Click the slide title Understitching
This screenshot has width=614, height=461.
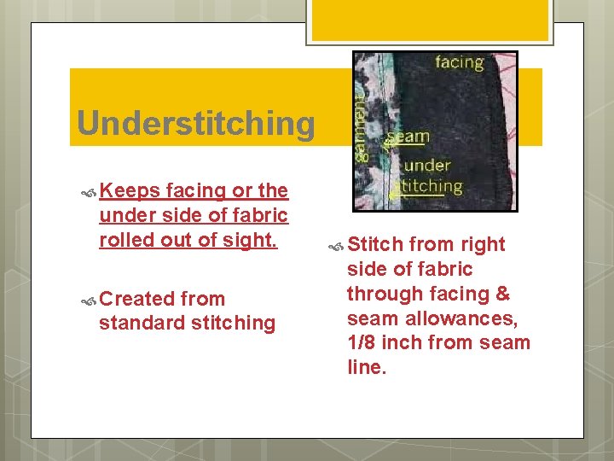coord(195,124)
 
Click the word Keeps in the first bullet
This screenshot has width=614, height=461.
coord(130,190)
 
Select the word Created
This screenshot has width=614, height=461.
coord(140,299)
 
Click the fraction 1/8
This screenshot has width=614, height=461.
coord(361,343)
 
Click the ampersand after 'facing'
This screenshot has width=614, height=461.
coord(502,294)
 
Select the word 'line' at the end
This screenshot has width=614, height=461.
coord(366,368)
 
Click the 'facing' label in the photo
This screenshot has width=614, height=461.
coord(459,62)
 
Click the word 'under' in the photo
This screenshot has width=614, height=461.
coord(427,165)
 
